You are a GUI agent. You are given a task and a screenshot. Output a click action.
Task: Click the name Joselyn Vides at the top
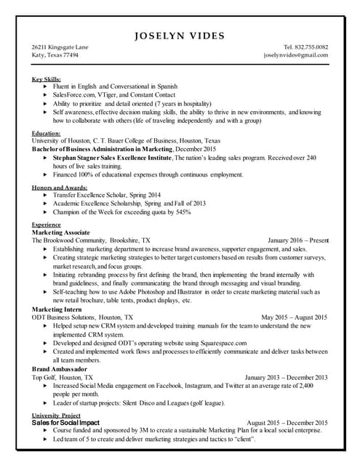180,36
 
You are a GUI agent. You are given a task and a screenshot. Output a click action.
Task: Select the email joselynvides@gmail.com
296,55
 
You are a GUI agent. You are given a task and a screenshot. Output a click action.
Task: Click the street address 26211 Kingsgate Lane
60,47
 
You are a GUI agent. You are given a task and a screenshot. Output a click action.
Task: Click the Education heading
47,134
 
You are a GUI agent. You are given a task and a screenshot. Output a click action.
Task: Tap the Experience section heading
47,225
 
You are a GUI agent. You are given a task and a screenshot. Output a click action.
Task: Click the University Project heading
56,415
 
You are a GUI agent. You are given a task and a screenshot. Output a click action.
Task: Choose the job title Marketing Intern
59,310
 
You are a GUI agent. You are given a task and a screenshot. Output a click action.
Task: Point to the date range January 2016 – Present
298,239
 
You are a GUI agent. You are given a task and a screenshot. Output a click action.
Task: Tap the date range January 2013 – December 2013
286,378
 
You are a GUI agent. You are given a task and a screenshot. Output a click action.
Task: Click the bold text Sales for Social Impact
65,422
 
